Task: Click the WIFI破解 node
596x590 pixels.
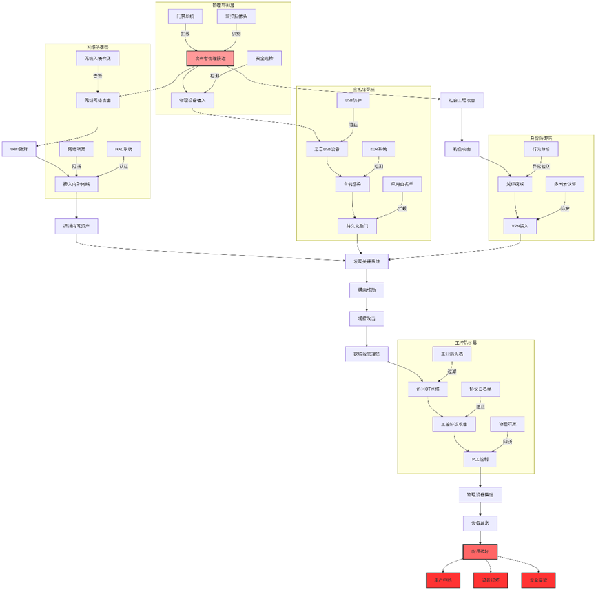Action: click(x=19, y=149)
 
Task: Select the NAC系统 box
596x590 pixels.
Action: click(x=123, y=149)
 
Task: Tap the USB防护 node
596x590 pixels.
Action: click(x=353, y=101)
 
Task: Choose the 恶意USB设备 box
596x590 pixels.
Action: click(x=327, y=149)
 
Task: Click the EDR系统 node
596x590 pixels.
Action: click(x=378, y=149)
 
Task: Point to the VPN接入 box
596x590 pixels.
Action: click(x=520, y=226)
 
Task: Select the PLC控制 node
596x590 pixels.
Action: click(x=480, y=458)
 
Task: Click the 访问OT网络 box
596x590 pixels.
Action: click(x=427, y=389)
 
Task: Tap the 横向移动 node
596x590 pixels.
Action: click(x=366, y=290)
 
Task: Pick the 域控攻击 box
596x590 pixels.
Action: click(x=366, y=319)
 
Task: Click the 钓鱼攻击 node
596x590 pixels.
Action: click(x=461, y=149)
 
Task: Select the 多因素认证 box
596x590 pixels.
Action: click(x=564, y=184)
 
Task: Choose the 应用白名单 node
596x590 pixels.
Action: click(x=402, y=184)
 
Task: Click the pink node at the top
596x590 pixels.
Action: click(x=210, y=59)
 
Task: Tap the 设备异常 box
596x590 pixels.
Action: click(x=480, y=523)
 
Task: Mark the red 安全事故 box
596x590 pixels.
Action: click(x=538, y=580)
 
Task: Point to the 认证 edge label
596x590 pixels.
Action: click(x=123, y=166)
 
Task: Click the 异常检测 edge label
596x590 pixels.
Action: click(x=542, y=166)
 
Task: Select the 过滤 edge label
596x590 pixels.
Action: click(x=452, y=372)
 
